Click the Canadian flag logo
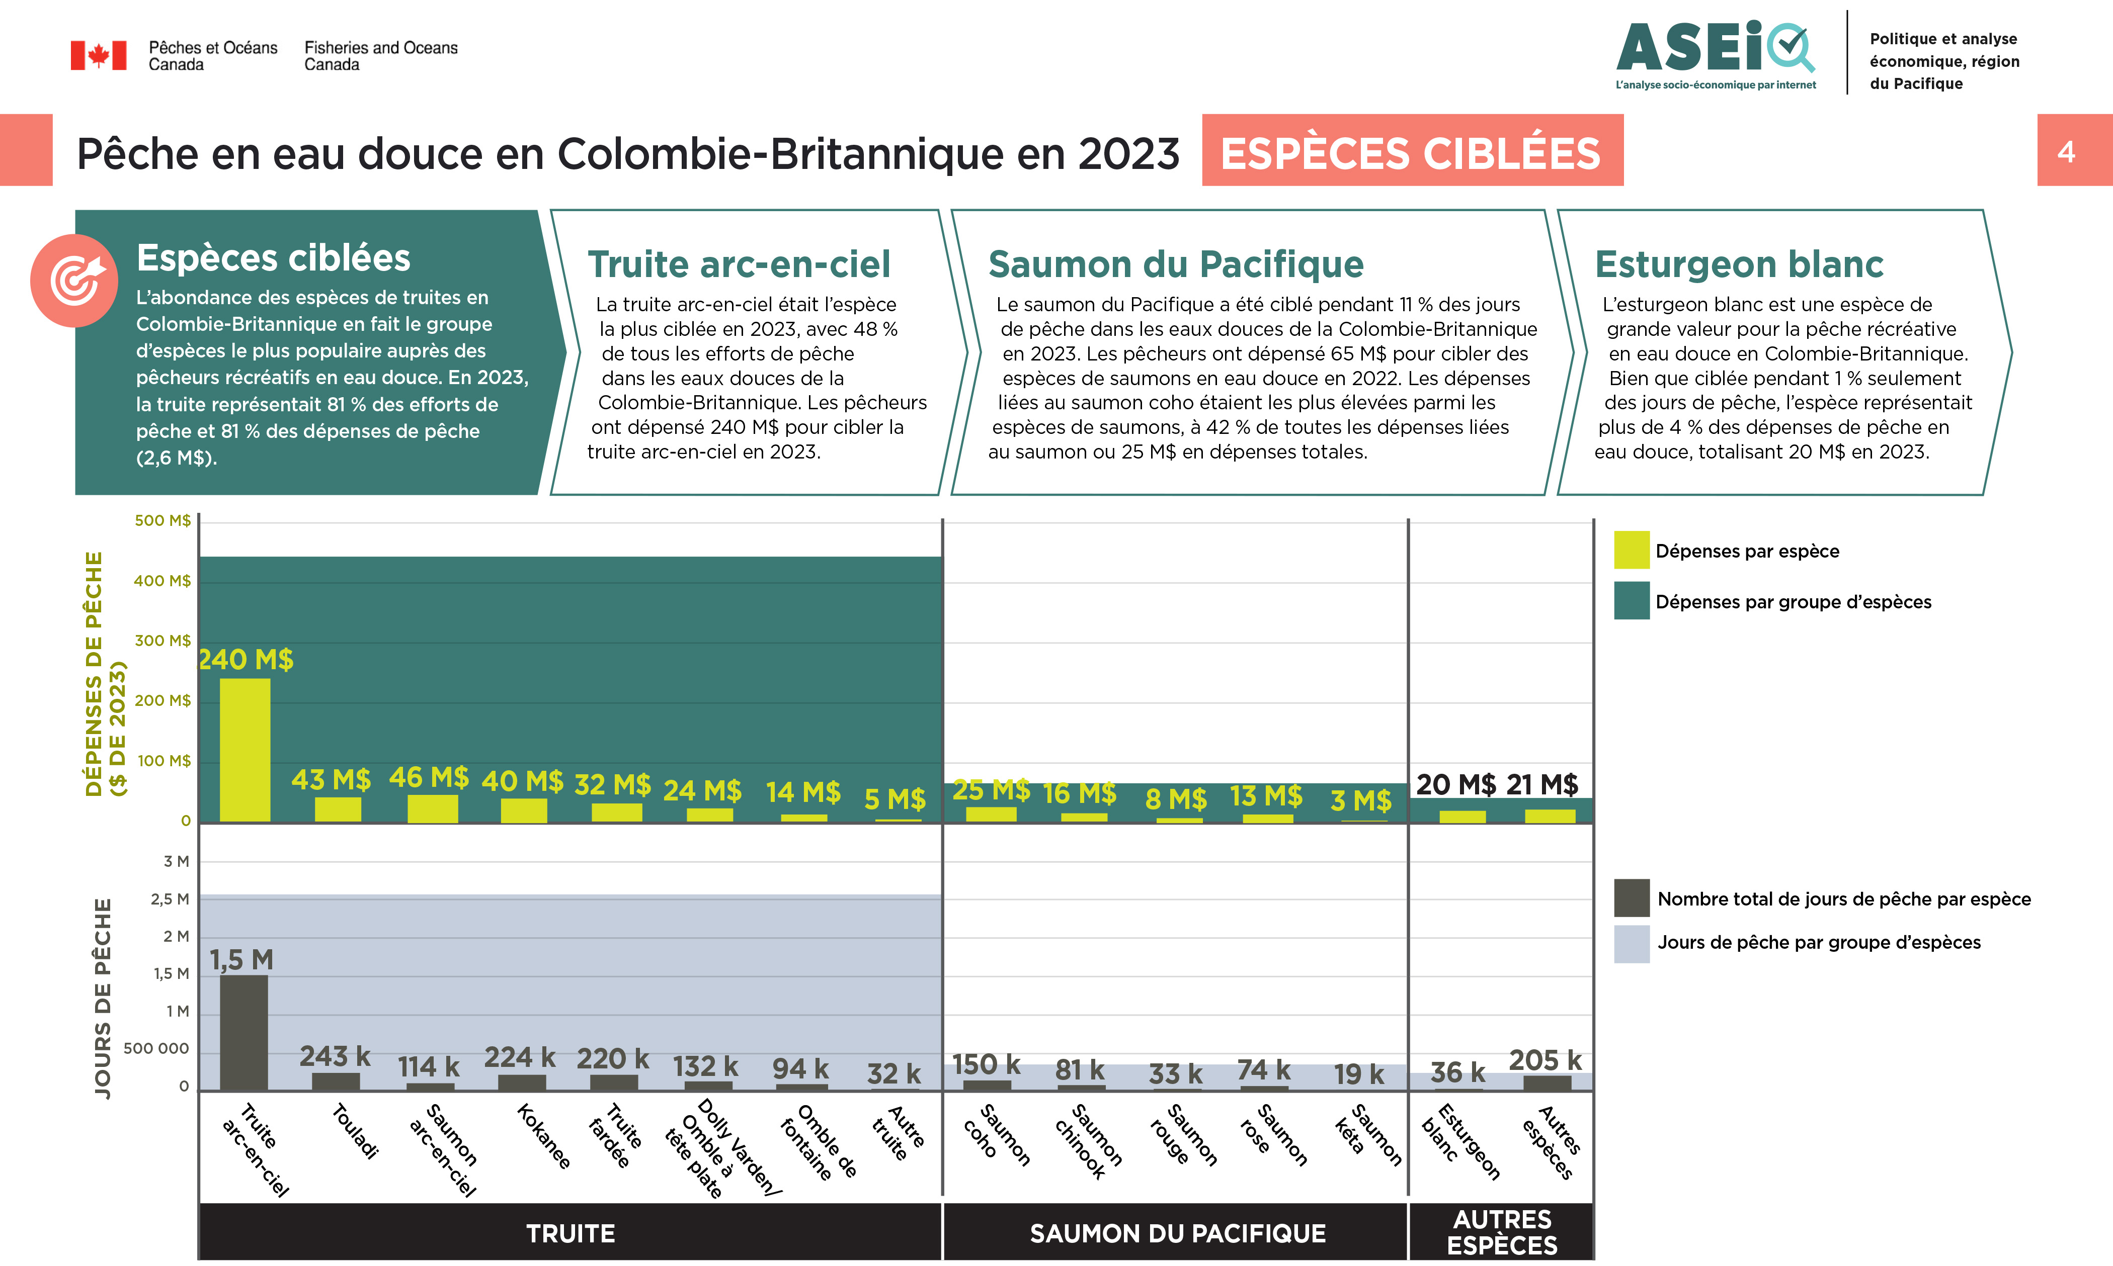click(98, 55)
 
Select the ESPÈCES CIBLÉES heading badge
click(1412, 153)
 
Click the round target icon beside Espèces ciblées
click(75, 281)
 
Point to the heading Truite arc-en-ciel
click(738, 264)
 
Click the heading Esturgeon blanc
click(1738, 264)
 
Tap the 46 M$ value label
click(429, 777)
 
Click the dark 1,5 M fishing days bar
click(244, 1032)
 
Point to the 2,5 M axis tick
click(170, 899)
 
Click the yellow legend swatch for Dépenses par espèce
click(1631, 550)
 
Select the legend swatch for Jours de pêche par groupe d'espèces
click(1631, 944)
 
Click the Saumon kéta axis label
click(1368, 1135)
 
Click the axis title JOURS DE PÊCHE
click(103, 998)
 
